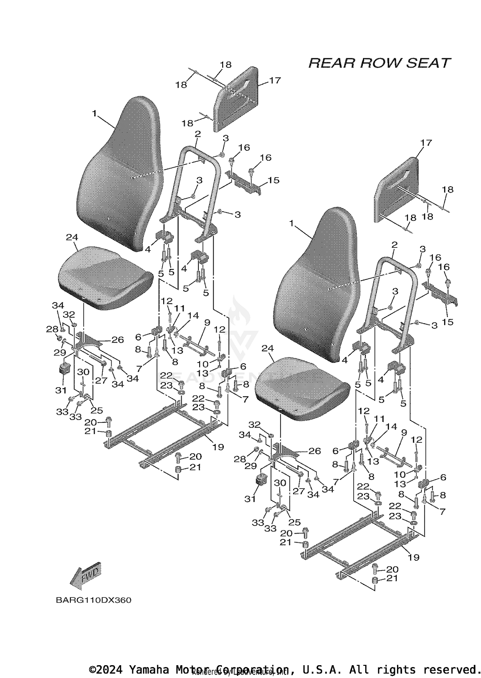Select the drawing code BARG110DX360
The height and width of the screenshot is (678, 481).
[93, 600]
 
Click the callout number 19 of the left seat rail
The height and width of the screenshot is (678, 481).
[218, 447]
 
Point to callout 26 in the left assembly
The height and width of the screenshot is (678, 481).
[117, 340]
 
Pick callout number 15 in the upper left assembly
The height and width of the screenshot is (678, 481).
[273, 180]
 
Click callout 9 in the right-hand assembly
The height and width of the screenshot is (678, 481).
[404, 433]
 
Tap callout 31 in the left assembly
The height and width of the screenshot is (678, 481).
[61, 390]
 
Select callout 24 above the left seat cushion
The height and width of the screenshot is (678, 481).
[72, 237]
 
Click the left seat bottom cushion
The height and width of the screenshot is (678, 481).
[106, 277]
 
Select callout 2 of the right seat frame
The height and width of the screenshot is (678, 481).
[394, 245]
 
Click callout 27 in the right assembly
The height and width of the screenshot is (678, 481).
[298, 491]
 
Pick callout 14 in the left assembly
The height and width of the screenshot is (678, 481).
[193, 315]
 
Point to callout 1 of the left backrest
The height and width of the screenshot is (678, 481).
[94, 113]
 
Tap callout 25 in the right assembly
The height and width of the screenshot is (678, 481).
[294, 522]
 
